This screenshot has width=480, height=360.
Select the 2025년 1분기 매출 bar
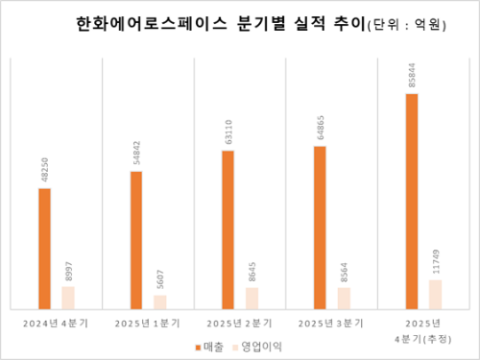136,239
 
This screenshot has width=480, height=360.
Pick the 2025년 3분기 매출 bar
320,227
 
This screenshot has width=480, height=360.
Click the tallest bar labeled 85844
412,201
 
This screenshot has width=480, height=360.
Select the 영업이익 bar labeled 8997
68,297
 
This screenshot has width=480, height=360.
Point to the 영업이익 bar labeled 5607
160,301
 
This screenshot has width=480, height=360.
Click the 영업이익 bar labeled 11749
436,294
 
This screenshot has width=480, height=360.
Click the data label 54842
136,154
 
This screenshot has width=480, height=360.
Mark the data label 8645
252,270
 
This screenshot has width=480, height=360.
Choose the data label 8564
344,270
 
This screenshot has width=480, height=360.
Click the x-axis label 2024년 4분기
57,324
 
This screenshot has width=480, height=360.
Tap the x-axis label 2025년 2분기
240,324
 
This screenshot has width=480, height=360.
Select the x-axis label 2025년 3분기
332,324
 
